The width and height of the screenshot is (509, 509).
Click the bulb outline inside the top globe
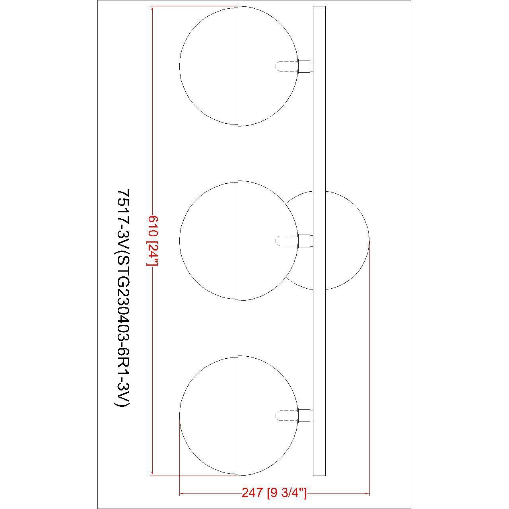(286, 66)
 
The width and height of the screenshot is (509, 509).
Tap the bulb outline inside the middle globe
(286, 241)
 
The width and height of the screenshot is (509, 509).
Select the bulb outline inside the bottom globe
(286, 416)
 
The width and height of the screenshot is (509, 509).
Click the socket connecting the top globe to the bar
(305, 66)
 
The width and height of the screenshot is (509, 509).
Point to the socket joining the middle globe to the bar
(305, 241)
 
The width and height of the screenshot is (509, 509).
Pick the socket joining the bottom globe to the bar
(305, 416)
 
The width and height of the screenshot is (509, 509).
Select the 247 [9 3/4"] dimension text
(274, 493)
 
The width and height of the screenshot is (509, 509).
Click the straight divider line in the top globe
(238, 66)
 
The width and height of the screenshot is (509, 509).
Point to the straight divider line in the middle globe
(238, 241)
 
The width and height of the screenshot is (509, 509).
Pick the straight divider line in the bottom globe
(238, 416)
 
